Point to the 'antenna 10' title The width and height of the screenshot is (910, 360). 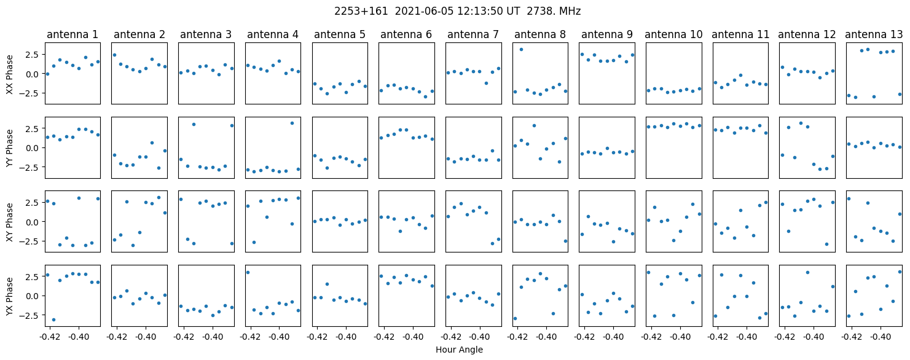coord(674,34)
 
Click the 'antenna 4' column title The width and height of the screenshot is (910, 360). coord(273,34)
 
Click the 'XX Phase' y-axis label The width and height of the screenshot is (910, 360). coord(10,74)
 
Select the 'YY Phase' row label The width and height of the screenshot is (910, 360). coord(10,147)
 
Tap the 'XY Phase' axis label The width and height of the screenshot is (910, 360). coord(10,221)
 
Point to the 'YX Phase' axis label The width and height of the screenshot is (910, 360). coord(10,295)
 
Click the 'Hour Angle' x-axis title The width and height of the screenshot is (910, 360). coord(459,350)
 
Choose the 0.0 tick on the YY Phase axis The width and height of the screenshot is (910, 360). coord(31,148)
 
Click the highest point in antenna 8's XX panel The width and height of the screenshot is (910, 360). coord(521,49)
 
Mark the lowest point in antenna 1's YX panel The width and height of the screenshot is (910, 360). coord(53,319)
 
